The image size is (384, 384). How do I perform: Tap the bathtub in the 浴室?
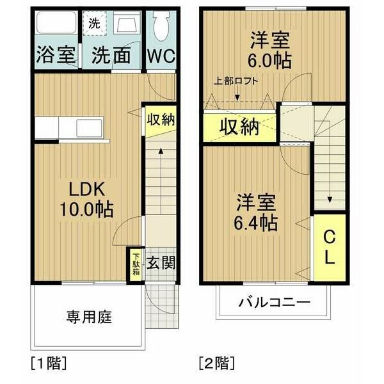tap(56, 22)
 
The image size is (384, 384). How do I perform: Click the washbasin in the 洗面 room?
tap(127, 22)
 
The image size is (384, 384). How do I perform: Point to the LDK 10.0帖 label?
tap(86, 200)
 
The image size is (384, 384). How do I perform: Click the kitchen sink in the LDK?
tap(89, 128)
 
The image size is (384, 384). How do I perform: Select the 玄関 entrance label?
tap(161, 263)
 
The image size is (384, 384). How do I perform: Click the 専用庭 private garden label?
tap(89, 317)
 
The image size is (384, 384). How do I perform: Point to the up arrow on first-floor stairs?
tap(161, 180)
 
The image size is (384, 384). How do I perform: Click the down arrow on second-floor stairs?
tap(330, 163)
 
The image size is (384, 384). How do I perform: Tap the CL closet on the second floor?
tap(330, 248)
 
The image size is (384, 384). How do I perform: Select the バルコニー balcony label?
tap(275, 303)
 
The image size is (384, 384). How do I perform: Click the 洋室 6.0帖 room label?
tap(269, 50)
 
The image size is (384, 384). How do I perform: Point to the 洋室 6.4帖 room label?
tap(256, 212)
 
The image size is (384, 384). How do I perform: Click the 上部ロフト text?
tap(236, 81)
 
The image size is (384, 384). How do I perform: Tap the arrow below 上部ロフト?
tap(237, 93)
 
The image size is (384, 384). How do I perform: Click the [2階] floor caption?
tap(217, 363)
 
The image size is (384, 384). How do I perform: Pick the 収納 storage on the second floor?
tap(239, 127)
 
